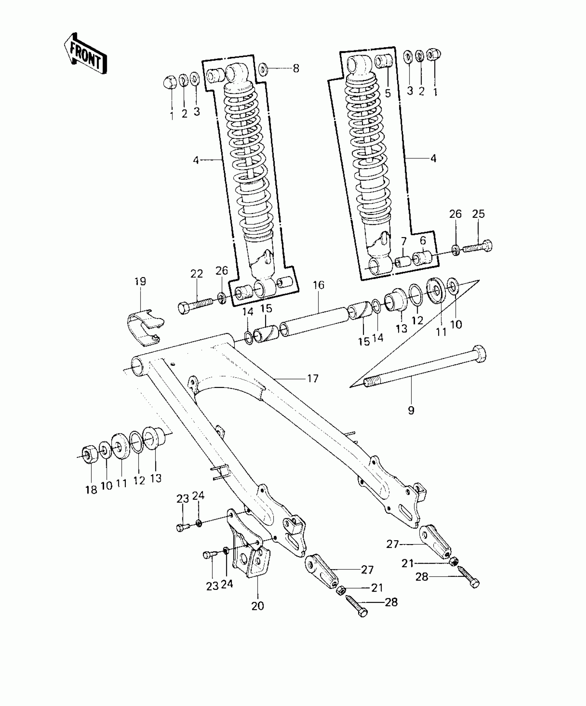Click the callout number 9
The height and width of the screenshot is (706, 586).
pyautogui.click(x=411, y=410)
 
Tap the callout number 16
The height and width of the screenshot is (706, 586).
pyautogui.click(x=319, y=285)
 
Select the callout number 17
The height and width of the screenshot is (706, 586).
pyautogui.click(x=313, y=379)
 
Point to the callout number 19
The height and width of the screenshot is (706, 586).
pyautogui.click(x=140, y=281)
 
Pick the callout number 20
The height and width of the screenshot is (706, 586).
pyautogui.click(x=257, y=606)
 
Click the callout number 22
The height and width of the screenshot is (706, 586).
pyautogui.click(x=197, y=274)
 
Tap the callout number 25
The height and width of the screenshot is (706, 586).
pyautogui.click(x=478, y=214)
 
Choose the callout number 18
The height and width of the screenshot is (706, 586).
pyautogui.click(x=91, y=490)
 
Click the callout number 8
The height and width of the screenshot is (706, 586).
pyautogui.click(x=296, y=68)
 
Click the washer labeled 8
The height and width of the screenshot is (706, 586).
pyautogui.click(x=263, y=68)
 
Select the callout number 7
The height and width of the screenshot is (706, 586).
pyautogui.click(x=404, y=241)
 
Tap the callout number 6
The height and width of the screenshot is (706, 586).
pyautogui.click(x=423, y=240)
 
